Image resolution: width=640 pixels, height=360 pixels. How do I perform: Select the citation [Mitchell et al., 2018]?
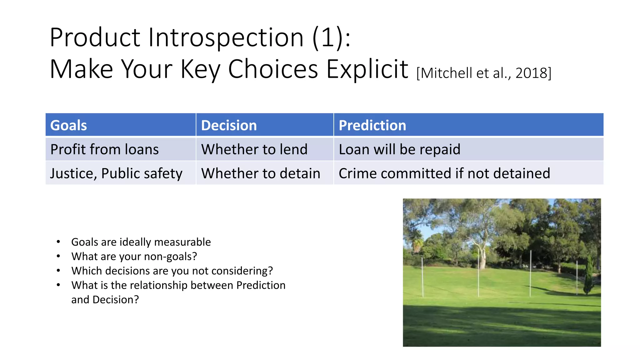484,73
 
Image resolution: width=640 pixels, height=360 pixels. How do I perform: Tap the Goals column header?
68,125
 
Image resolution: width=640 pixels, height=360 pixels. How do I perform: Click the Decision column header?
229,125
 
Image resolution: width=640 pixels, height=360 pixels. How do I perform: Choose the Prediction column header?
372,125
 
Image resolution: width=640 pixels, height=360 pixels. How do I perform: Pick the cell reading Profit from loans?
104,149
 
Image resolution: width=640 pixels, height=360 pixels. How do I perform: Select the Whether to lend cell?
254,149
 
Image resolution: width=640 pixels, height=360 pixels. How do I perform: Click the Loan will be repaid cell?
399,149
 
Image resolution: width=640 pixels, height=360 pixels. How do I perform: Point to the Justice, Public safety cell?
116,173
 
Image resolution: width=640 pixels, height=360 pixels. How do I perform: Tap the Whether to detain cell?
261,173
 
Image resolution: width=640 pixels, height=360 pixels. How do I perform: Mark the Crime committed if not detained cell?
444,173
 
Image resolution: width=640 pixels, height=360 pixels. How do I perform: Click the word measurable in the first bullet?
182,242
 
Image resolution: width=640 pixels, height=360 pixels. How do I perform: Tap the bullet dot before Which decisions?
58,271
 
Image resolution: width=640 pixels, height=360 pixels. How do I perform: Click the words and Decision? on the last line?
105,300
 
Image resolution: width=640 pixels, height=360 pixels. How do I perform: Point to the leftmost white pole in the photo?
422,277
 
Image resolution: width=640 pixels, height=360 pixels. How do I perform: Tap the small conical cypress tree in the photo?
589,275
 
